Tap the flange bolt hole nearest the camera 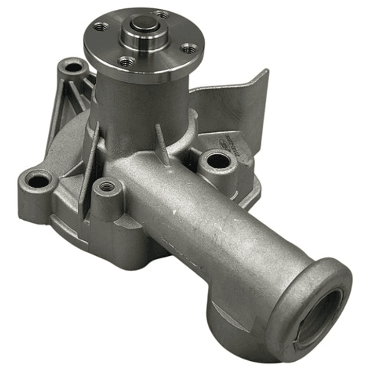(x=127, y=62)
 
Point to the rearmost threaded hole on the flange (x=161, y=15)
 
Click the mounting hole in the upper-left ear (x=74, y=67)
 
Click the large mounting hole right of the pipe (x=218, y=161)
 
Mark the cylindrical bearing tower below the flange (x=142, y=103)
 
